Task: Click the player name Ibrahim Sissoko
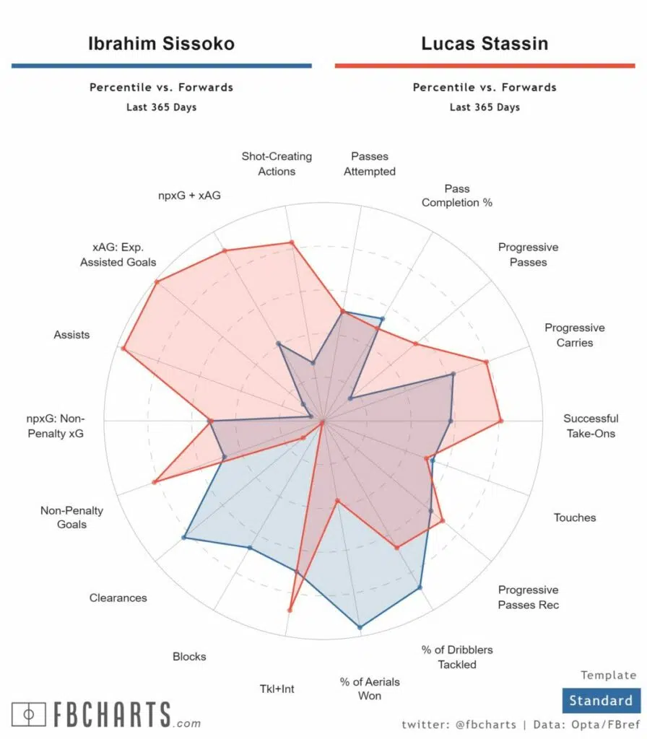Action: tap(161, 43)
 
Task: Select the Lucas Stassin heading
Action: tap(485, 43)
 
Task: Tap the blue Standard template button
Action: tap(600, 700)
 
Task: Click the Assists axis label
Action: tap(71, 335)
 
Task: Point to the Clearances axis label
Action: tap(118, 598)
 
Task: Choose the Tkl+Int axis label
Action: tap(277, 688)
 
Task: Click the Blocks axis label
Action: tap(189, 657)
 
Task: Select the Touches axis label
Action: tap(575, 517)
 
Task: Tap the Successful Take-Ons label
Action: tap(591, 426)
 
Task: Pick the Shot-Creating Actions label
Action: tap(277, 164)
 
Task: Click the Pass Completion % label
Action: tap(457, 196)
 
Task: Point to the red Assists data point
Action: tap(123, 349)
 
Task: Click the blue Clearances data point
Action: tap(184, 538)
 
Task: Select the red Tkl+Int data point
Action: tap(290, 611)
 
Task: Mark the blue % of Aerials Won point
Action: tap(359, 628)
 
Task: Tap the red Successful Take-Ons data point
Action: tap(500, 421)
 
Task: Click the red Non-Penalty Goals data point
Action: tap(154, 482)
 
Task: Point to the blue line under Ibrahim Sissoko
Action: tap(161, 66)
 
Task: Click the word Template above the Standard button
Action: tap(609, 675)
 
